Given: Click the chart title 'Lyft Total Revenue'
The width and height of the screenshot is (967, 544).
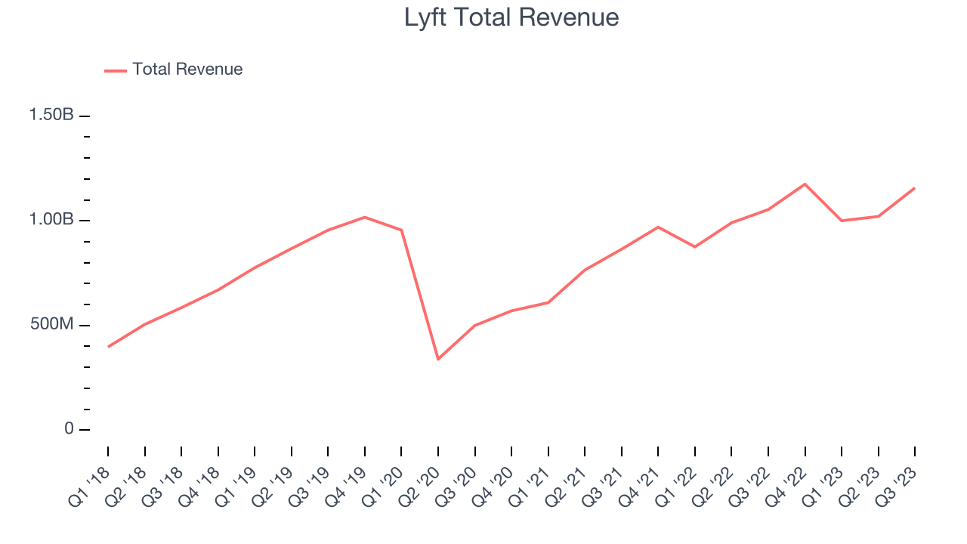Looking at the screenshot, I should coord(511,17).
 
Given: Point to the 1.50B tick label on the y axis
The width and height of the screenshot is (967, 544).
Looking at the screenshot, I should coord(51,115).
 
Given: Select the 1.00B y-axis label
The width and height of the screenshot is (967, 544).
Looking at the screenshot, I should coord(51,220).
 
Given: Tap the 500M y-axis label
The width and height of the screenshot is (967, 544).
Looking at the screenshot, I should coord(52,325).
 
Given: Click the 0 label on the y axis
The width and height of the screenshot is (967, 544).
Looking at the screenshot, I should coord(69,429).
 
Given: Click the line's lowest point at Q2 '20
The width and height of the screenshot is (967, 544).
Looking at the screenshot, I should coord(438,359).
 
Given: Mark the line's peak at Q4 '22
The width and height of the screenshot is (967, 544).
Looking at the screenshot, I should coord(805,184).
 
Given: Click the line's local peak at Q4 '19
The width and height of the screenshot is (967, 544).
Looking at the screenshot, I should coord(365,217).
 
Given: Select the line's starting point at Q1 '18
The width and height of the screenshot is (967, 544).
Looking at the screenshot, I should coord(108,347).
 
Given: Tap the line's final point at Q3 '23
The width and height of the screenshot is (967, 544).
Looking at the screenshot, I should coord(915,188).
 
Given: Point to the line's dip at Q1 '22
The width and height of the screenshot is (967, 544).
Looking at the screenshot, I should coord(695,247).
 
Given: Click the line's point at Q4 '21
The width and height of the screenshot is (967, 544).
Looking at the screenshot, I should coord(658,227).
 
